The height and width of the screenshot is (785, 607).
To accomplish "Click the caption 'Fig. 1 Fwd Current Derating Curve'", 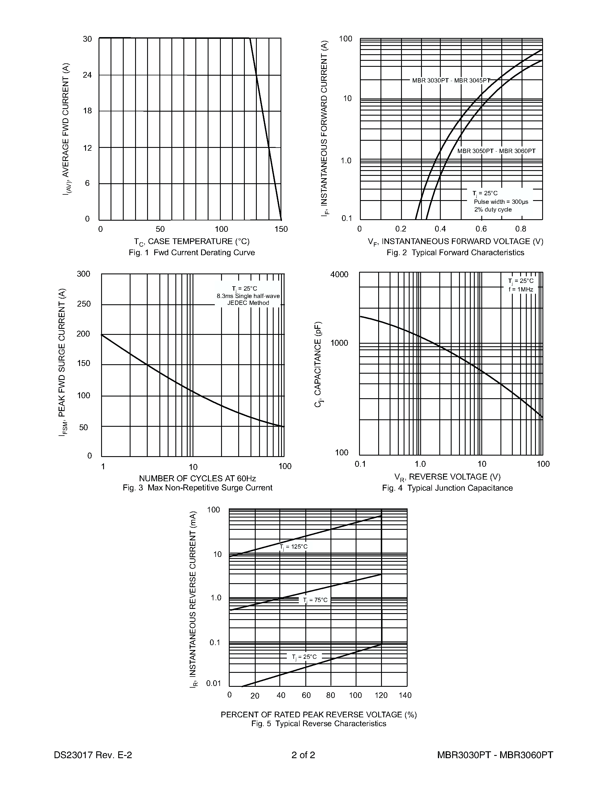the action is [x=192, y=253].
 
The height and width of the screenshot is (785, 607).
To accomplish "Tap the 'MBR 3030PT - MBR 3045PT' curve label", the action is [x=451, y=80].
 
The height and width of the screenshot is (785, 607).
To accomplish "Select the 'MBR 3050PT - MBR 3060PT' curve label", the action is [x=496, y=151].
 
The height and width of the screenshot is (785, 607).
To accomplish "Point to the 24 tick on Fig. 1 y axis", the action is [x=87, y=75].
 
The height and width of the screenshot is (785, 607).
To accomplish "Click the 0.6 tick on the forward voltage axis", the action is [x=481, y=229].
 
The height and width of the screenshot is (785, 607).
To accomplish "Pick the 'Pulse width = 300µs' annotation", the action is [x=501, y=202].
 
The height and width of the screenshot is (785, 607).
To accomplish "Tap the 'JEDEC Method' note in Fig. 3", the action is [x=248, y=303].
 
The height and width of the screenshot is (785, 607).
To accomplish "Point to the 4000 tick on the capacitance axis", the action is [x=339, y=275].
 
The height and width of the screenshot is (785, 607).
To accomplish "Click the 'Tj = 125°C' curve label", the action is [x=293, y=547].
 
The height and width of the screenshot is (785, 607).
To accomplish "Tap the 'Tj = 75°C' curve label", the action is [x=315, y=600].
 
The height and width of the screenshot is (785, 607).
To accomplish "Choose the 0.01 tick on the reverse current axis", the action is [x=213, y=683].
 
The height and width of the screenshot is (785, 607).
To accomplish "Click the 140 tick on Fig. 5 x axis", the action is [x=405, y=695].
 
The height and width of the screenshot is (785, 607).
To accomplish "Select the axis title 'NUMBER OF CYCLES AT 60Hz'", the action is [x=197, y=478].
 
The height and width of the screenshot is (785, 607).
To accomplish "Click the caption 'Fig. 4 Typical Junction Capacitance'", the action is [x=447, y=488].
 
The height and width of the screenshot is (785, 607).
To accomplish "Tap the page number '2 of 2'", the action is [x=303, y=755].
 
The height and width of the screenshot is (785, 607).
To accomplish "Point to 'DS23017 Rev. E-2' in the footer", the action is [x=93, y=755].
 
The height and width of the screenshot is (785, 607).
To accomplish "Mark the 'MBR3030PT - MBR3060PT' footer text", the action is [x=495, y=755].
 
